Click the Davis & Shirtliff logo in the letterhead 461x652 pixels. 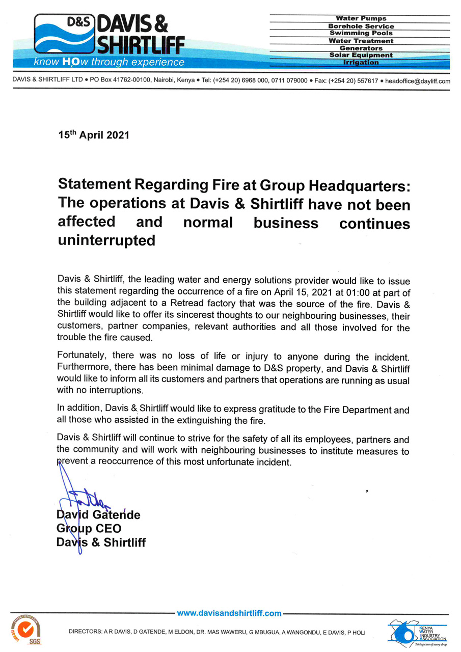(109, 34)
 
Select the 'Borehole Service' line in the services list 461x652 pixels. (361, 26)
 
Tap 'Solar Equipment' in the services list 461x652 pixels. (361, 55)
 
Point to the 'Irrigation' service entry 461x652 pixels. (361, 62)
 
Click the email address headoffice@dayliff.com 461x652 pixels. (418, 81)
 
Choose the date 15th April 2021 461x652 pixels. (94, 135)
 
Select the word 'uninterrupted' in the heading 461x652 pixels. (106, 240)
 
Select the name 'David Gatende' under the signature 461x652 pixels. (98, 515)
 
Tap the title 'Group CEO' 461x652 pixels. (89, 529)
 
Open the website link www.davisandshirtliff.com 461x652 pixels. (229, 613)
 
